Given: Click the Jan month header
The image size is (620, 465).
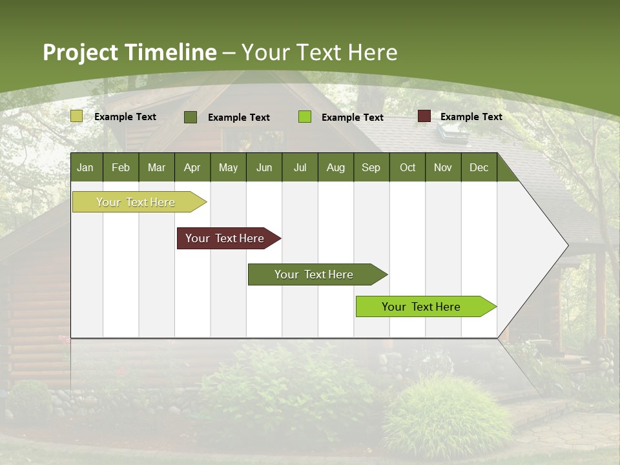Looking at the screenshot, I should pyautogui.click(x=85, y=167).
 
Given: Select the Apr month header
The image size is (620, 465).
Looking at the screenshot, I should pyautogui.click(x=192, y=167).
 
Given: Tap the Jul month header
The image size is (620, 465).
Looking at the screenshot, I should pyautogui.click(x=300, y=167).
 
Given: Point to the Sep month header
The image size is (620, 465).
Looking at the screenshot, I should pyautogui.click(x=371, y=167).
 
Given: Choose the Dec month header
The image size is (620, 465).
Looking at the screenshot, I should pyautogui.click(x=479, y=167).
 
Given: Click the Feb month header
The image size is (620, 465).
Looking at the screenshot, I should pyautogui.click(x=121, y=167).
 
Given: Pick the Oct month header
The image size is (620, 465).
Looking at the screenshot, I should pyautogui.click(x=408, y=167).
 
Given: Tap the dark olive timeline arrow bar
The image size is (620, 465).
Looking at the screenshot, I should pyautogui.click(x=315, y=274).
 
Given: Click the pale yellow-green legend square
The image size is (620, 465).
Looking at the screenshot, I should pyautogui.click(x=76, y=116).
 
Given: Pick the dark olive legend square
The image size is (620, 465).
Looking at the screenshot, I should pyautogui.click(x=191, y=117).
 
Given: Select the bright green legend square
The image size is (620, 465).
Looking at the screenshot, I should pyautogui.click(x=305, y=117).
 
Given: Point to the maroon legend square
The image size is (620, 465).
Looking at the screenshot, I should pyautogui.click(x=424, y=116).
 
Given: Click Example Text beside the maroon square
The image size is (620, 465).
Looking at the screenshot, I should pyautogui.click(x=471, y=116).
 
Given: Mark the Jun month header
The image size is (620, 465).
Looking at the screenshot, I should pyautogui.click(x=264, y=167).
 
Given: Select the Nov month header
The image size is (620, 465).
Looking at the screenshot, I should pyautogui.click(x=443, y=167).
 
